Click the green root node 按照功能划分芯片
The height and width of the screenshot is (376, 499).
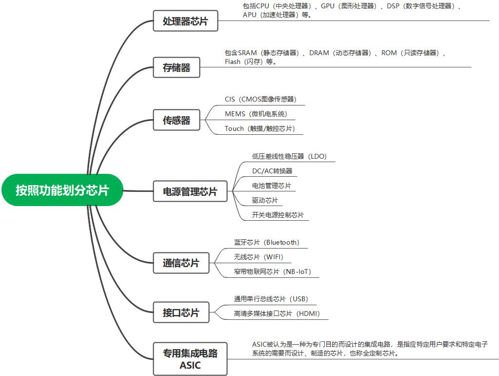pyautogui.click(x=62, y=190)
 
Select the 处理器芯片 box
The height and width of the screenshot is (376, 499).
pyautogui.click(x=185, y=21)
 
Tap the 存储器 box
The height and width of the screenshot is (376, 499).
pyautogui.click(x=177, y=67)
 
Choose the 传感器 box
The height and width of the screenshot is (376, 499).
pyautogui.click(x=177, y=120)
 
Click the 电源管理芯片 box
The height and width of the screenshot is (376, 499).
pyautogui.click(x=190, y=191)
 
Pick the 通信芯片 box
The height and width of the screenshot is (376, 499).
pyautogui.click(x=181, y=263)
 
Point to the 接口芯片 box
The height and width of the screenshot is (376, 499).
pyautogui.click(x=181, y=313)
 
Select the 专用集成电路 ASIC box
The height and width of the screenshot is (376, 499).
pyautogui.click(x=190, y=358)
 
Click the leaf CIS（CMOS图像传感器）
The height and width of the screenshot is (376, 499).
pyautogui.click(x=260, y=99)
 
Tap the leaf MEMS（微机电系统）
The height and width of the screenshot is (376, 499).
pyautogui.click(x=256, y=114)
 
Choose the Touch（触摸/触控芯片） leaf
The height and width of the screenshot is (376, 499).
pyautogui.click(x=260, y=128)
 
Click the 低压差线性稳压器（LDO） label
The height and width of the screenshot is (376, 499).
pyautogui.click(x=289, y=156)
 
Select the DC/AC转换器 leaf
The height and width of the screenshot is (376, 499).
pyautogui.click(x=272, y=171)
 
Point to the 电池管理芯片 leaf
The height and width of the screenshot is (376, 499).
pyautogui.click(x=271, y=186)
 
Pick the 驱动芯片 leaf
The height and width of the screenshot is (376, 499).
pyautogui.click(x=265, y=200)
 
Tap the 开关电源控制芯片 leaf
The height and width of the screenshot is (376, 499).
pyautogui.click(x=278, y=215)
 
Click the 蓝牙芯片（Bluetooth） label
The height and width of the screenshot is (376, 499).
pyautogui.click(x=267, y=242)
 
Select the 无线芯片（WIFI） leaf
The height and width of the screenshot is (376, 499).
pyautogui.click(x=259, y=257)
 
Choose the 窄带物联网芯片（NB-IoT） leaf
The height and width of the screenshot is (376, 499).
pyautogui.click(x=273, y=272)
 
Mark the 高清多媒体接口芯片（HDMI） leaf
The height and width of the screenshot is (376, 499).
pyautogui.click(x=277, y=313)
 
